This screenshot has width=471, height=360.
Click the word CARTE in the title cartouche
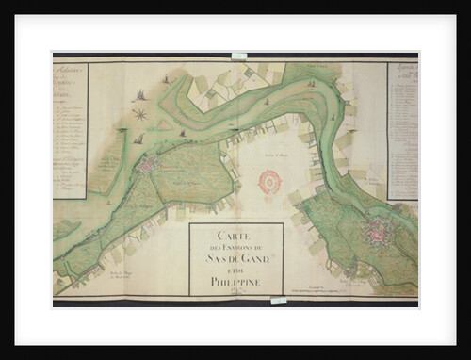pos(235,235)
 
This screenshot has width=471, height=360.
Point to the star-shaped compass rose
pos(140,115)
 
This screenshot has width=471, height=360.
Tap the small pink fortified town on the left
pos(147,165)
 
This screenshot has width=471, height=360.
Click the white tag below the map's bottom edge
pos(278,302)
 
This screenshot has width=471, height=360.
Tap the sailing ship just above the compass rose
pos(140,95)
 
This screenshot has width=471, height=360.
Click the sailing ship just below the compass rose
pos(138,139)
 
